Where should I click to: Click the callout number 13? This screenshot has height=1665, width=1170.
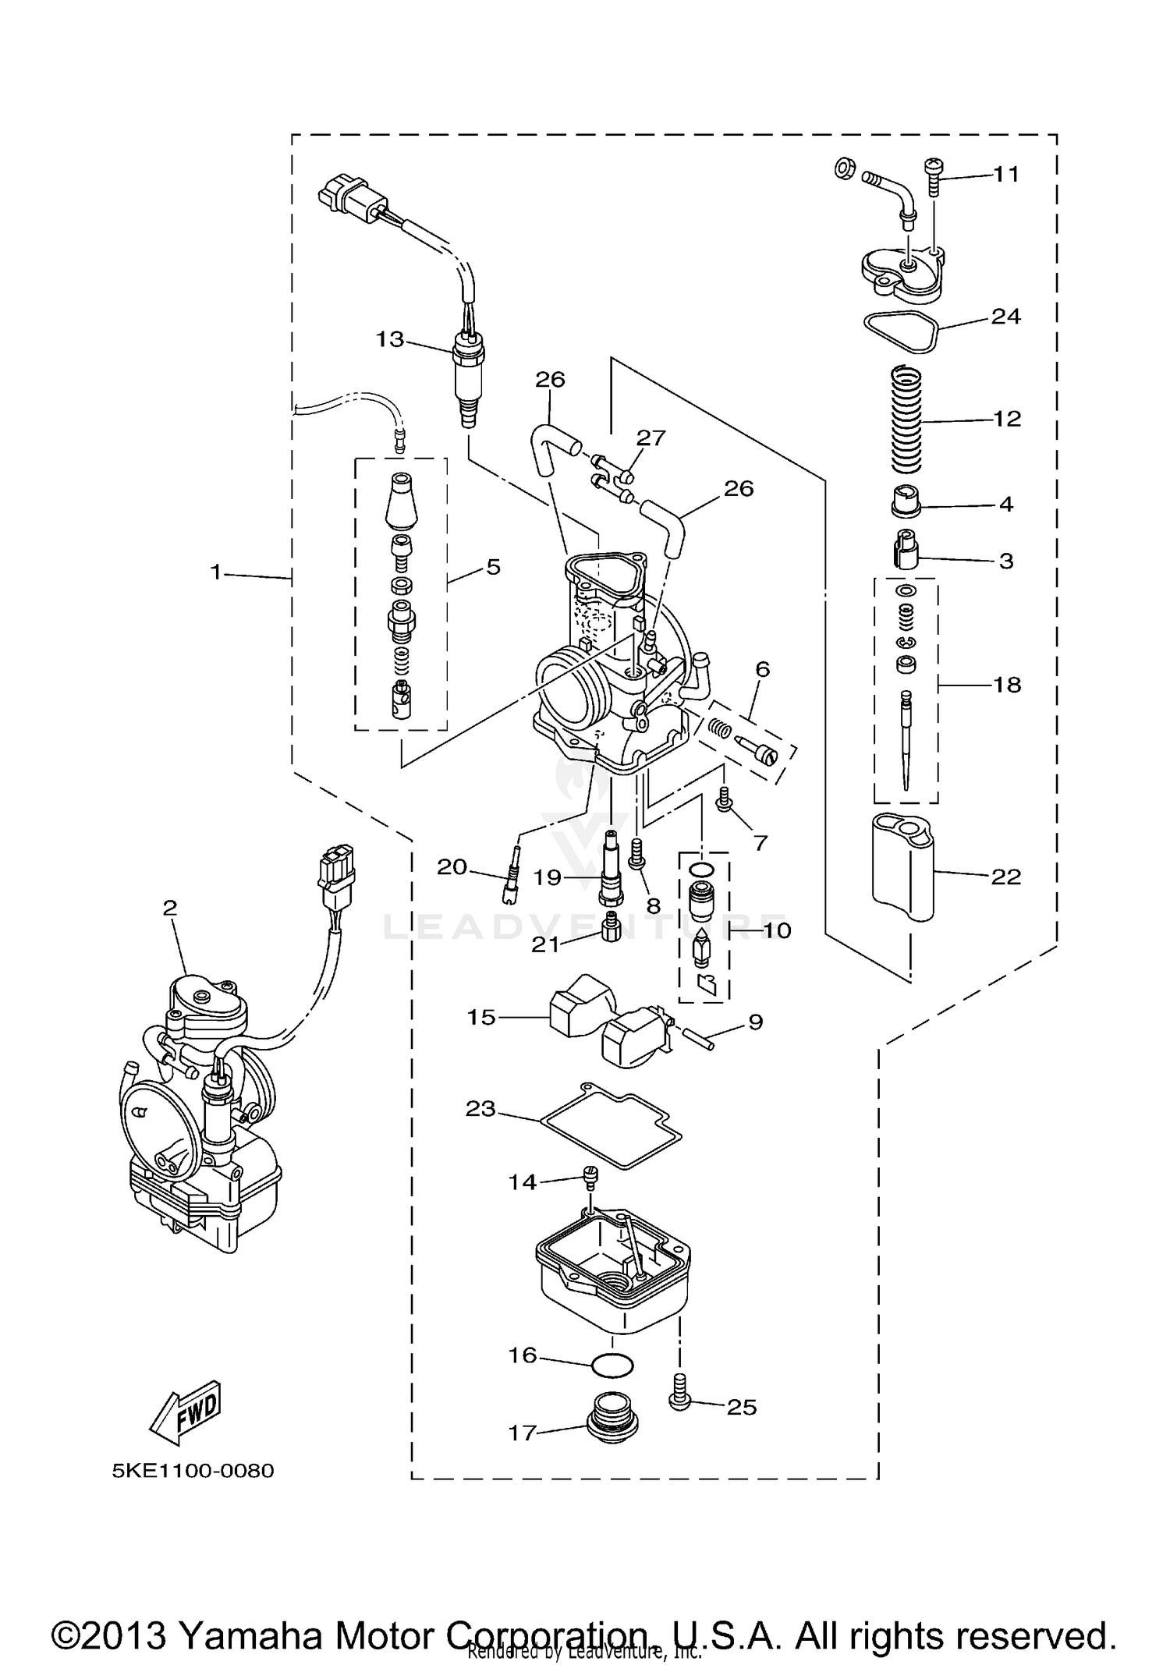[x=389, y=339]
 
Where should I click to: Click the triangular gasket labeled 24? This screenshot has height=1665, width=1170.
[x=902, y=331]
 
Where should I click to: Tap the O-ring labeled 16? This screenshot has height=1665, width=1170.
[x=612, y=1366]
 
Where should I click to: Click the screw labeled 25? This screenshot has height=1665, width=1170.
[x=679, y=1401]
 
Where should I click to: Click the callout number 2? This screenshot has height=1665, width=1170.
[x=170, y=908]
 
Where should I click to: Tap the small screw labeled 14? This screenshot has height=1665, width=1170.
[x=590, y=1178]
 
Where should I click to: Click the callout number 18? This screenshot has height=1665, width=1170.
[x=1007, y=685]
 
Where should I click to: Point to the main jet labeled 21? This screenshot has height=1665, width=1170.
[x=611, y=926]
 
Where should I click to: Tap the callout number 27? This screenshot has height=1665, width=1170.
[x=651, y=438]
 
